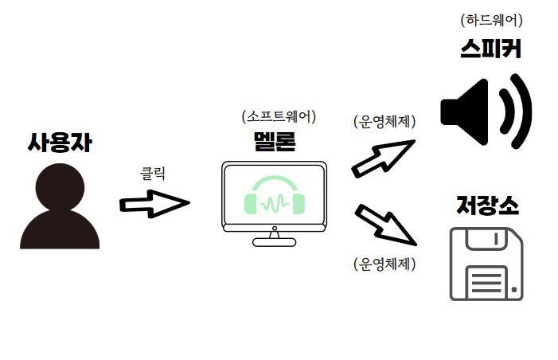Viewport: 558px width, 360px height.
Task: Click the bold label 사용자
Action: (x=60, y=143)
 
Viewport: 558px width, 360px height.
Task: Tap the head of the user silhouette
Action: (x=60, y=187)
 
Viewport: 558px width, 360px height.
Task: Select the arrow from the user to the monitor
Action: (x=154, y=203)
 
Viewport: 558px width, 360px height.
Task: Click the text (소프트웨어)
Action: (x=279, y=116)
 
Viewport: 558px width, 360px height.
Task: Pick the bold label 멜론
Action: (x=275, y=142)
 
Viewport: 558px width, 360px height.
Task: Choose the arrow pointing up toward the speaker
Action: (x=383, y=157)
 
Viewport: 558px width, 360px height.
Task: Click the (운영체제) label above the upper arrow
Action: (x=384, y=122)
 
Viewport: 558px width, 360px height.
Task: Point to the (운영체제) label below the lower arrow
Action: (x=384, y=264)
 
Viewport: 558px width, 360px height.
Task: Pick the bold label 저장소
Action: (x=488, y=205)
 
